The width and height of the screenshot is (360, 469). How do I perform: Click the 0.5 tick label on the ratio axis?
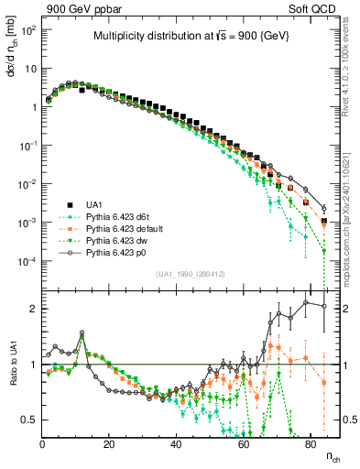coord(28,420)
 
